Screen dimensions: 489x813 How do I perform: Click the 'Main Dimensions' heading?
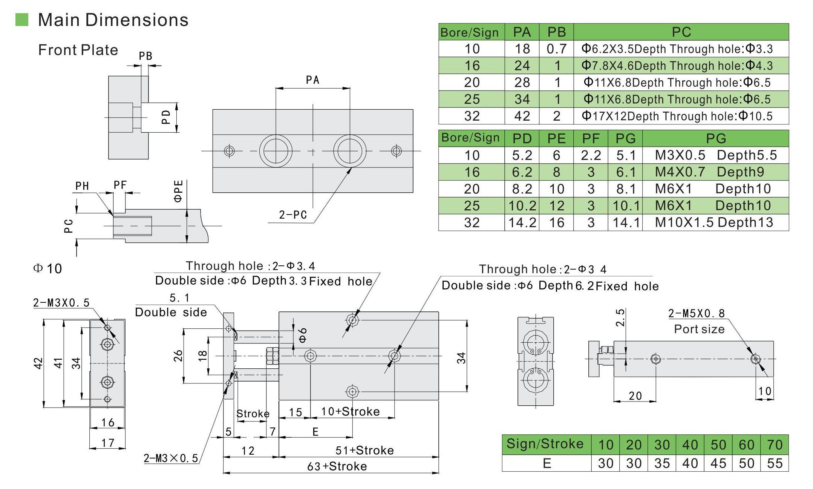[x=113, y=20]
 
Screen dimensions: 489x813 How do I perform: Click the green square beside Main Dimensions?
[x=22, y=20]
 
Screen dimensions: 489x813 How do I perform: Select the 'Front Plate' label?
[x=78, y=50]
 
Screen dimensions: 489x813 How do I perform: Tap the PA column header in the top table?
[x=522, y=32]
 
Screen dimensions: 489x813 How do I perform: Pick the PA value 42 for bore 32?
[x=522, y=116]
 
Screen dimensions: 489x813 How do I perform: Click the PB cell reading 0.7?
[x=556, y=49]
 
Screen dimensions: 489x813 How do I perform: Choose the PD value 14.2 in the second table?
[x=522, y=222]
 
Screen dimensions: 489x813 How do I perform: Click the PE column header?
[x=556, y=138]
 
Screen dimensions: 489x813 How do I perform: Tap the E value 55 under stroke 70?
[x=775, y=463]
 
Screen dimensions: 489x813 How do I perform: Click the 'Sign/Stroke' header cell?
[x=545, y=444]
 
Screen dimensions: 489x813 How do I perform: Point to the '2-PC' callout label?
[x=293, y=215]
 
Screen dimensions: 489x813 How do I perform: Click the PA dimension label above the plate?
[x=312, y=80]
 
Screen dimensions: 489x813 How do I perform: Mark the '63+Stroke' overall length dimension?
[x=337, y=466]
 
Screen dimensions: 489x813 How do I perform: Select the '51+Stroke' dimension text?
[x=364, y=450]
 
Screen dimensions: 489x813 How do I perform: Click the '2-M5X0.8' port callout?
[x=696, y=313]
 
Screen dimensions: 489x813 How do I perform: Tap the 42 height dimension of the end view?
[x=38, y=363]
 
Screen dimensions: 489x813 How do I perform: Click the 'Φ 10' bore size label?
[x=48, y=268]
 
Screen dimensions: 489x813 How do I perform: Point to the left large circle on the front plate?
[x=276, y=151]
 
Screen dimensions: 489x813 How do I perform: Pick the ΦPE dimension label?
[x=179, y=191]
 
